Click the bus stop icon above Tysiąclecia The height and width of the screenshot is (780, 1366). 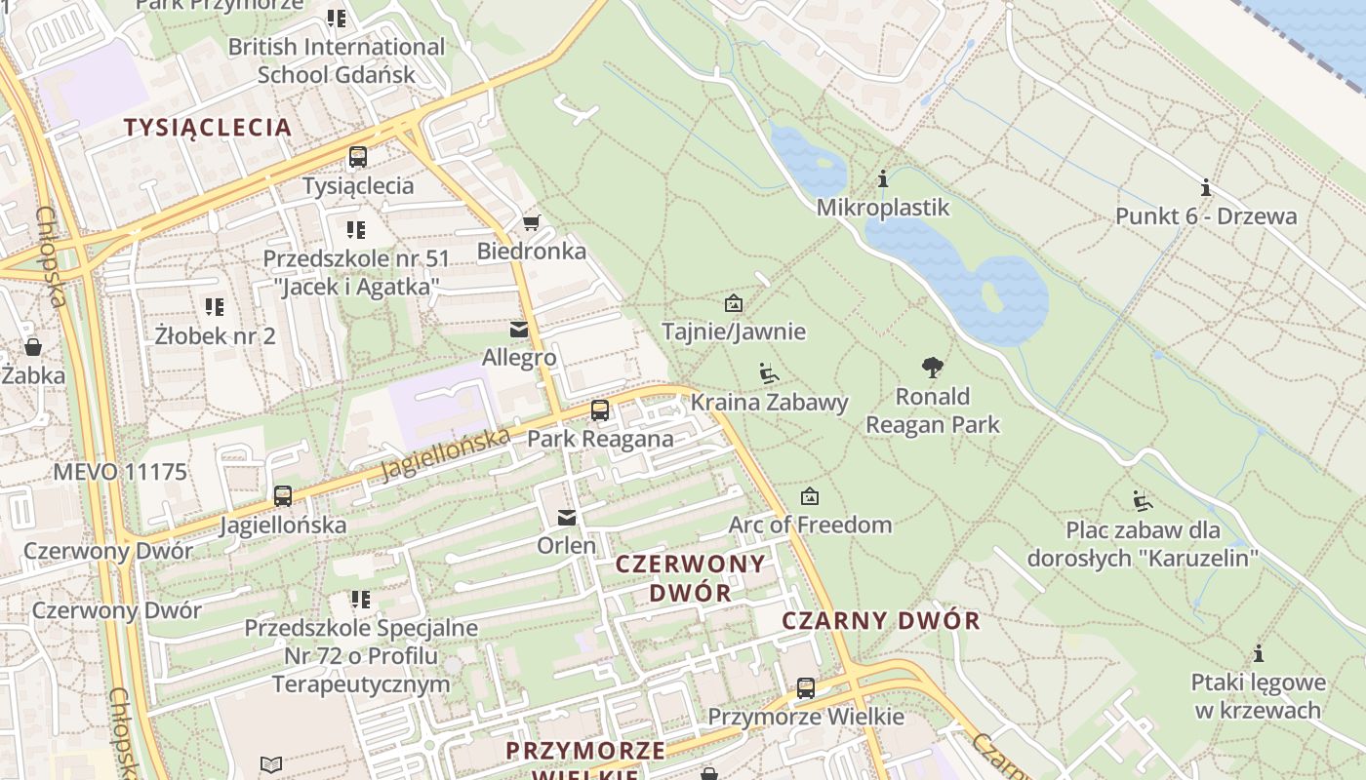pyautogui.click(x=358, y=157)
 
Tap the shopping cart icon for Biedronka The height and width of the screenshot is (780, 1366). pyautogui.click(x=531, y=223)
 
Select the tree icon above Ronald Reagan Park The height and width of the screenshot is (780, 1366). pyautogui.click(x=933, y=368)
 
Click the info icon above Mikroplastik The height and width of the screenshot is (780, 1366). pyautogui.click(x=883, y=179)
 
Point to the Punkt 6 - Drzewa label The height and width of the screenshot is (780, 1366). pyautogui.click(x=1206, y=215)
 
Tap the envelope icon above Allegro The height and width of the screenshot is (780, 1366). pyautogui.click(x=519, y=330)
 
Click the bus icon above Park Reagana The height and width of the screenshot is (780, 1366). pyautogui.click(x=600, y=410)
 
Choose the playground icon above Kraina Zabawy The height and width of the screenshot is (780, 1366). pyautogui.click(x=769, y=372)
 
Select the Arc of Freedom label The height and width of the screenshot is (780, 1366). pyautogui.click(x=810, y=525)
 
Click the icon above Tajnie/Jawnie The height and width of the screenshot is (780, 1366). pyautogui.click(x=734, y=303)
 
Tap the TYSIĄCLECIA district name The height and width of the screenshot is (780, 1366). pyautogui.click(x=208, y=127)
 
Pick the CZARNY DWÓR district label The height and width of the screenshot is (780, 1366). pyautogui.click(x=881, y=620)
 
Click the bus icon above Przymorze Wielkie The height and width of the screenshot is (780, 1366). pyautogui.click(x=806, y=688)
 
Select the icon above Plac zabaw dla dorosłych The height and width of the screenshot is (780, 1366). pyautogui.click(x=1142, y=502)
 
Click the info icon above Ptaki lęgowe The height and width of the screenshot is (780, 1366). pyautogui.click(x=1259, y=653)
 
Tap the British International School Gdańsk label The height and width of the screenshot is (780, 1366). pyautogui.click(x=337, y=60)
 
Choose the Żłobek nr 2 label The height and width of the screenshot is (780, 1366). pyautogui.click(x=216, y=336)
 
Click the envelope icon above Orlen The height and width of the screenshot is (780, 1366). pyautogui.click(x=567, y=517)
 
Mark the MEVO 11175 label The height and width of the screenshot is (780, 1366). pyautogui.click(x=120, y=472)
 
